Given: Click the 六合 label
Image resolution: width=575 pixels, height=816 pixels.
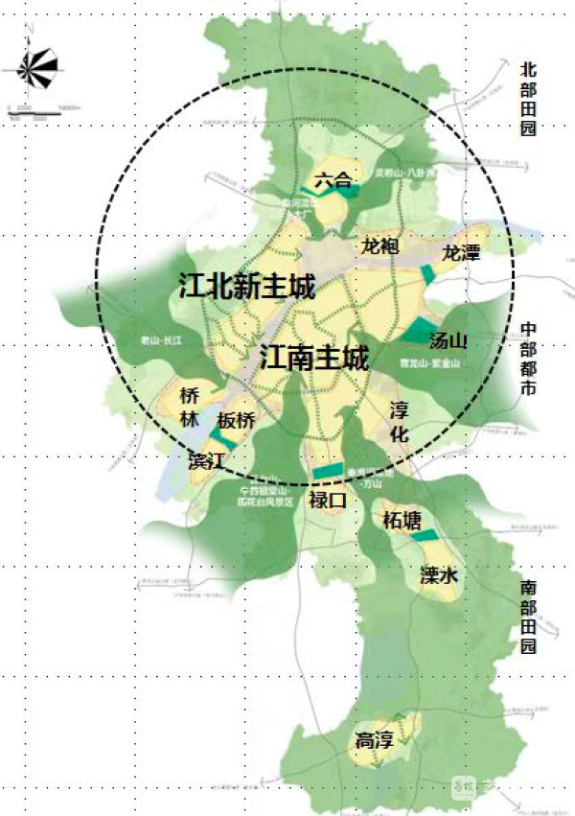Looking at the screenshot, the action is pos(333,178).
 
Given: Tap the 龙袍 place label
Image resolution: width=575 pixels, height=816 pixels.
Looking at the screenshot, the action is pos(379,245).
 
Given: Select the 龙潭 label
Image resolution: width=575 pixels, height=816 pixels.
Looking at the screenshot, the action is pos(460,253).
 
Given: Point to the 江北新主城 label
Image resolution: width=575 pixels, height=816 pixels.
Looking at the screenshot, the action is pos(247,286).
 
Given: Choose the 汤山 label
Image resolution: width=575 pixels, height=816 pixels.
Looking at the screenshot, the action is pos(448,340).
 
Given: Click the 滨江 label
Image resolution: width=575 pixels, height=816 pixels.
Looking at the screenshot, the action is pos(207,460).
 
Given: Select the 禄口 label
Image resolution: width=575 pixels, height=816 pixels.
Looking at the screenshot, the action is pos(325,500).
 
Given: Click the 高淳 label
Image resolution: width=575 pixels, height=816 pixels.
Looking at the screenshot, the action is pos(375,740).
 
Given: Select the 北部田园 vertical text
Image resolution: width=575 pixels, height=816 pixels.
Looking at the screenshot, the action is pos(528,99).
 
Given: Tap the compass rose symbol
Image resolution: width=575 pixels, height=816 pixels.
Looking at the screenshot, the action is pos(33,67).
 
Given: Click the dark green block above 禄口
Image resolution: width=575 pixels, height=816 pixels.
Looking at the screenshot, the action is pos(328,471).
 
